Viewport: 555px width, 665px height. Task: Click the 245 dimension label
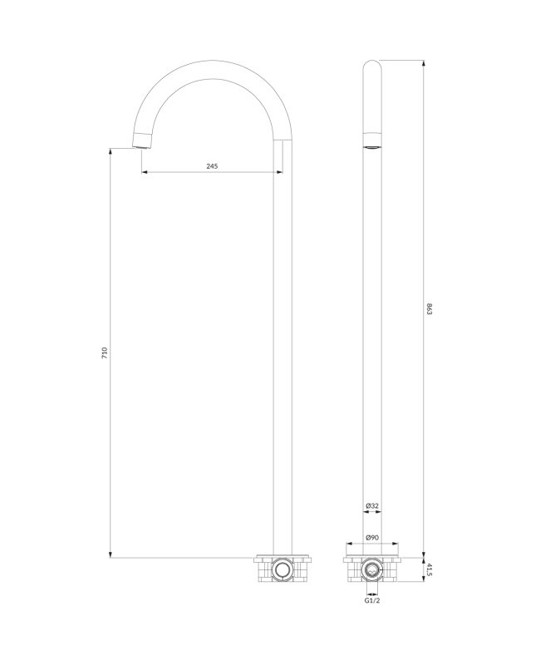tap(212, 166)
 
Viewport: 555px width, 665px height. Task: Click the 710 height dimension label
tap(106, 352)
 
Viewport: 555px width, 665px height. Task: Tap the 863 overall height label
tap(429, 310)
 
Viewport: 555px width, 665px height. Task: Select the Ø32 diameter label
tap(372, 505)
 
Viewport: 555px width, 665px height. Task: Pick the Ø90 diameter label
tap(372, 537)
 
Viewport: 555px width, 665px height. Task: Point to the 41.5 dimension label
tap(429, 569)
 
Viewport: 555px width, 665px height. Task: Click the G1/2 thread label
tap(372, 600)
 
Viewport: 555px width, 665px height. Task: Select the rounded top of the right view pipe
tap(372, 64)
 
